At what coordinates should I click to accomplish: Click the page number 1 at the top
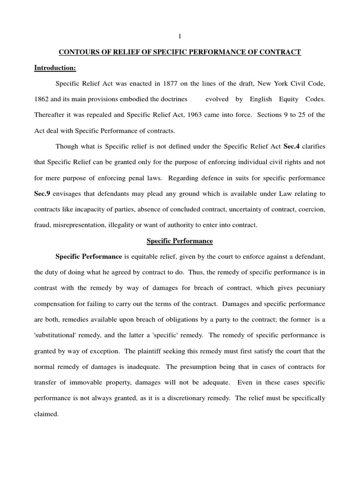pos(179,37)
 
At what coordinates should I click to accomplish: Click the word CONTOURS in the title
pos(77,52)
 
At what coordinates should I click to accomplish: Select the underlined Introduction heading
pos(55,68)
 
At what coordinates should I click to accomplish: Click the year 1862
pos(44,99)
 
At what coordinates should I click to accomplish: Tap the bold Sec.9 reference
pos(44,194)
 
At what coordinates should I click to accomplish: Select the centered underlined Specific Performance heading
pos(180,241)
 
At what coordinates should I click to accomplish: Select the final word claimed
pos(46,414)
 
